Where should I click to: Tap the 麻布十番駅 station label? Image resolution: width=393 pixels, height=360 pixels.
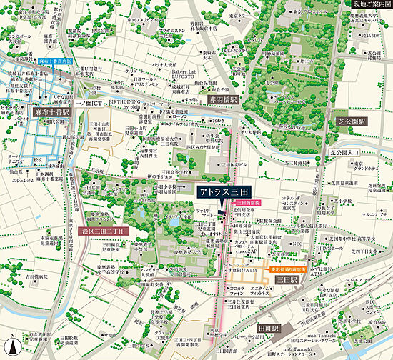pyautogui.click(x=52, y=112)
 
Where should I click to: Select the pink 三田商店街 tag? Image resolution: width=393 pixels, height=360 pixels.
pyautogui.click(x=247, y=202)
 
